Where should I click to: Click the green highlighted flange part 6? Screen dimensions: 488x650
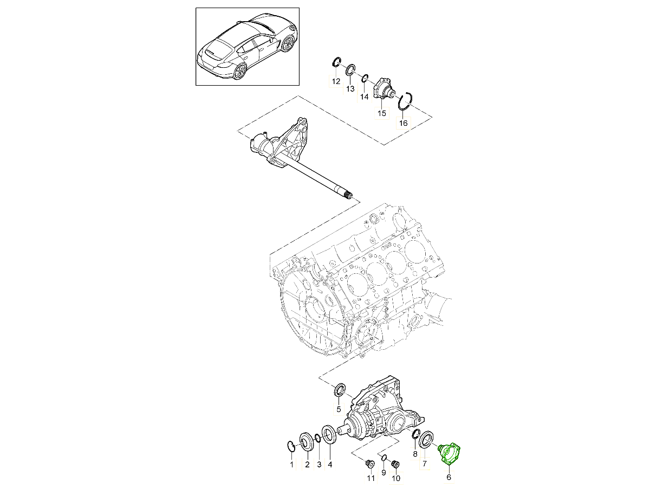[451, 453]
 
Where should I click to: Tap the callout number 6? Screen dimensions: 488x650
[448, 477]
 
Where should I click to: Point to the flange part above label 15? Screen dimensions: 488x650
[383, 89]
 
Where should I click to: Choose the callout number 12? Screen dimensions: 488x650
[336, 81]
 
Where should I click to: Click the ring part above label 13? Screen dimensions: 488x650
[350, 69]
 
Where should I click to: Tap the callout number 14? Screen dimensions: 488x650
[364, 97]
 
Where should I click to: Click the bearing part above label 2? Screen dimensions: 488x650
[305, 441]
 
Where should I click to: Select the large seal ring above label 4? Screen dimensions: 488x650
[328, 434]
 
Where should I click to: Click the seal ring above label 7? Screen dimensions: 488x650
[427, 438]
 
